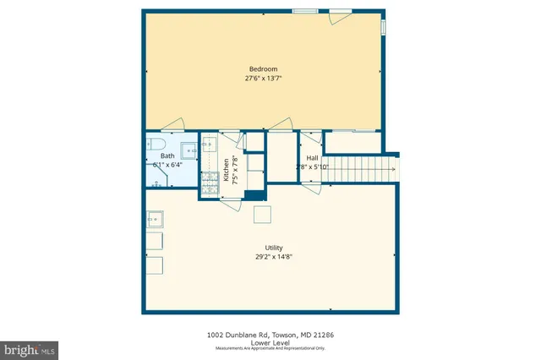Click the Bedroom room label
tap(262, 69)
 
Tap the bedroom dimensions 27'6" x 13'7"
tap(262, 79)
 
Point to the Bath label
tap(167, 156)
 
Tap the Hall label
tap(312, 158)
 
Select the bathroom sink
tap(189, 151)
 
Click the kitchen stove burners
tap(210, 177)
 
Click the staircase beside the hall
tap(361, 166)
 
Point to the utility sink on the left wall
tap(156, 220)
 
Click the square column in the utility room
tap(262, 214)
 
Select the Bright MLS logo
tap(30, 348)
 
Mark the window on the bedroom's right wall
tap(384, 27)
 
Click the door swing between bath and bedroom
tap(172, 126)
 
